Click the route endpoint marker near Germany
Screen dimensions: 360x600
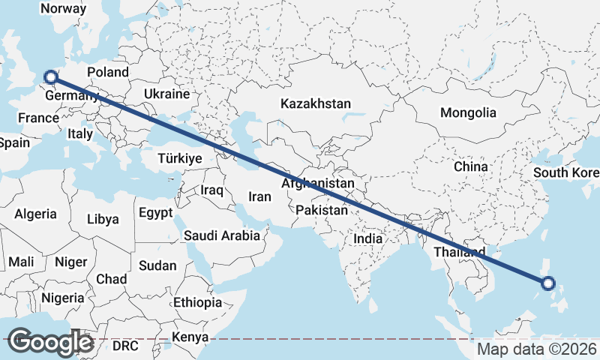click(50, 76)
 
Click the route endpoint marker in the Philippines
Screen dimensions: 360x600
click(547, 283)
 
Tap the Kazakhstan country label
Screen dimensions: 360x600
click(316, 103)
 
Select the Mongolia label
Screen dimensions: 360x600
click(468, 112)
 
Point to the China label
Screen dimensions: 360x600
click(470, 166)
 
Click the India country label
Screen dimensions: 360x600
click(368, 238)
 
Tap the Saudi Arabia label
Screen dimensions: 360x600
click(222, 235)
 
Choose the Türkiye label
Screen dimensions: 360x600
click(180, 158)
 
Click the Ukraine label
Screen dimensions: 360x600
click(166, 94)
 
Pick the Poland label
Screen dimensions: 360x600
click(108, 73)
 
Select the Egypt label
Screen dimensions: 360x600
click(156, 212)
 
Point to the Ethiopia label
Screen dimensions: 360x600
click(197, 303)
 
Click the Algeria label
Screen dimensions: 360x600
click(34, 214)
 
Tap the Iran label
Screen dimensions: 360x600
click(259, 196)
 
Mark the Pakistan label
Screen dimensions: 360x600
click(322, 211)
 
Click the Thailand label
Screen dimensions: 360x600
click(459, 252)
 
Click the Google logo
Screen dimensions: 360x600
click(50, 342)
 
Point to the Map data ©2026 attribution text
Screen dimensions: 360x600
click(537, 349)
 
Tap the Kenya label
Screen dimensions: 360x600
click(190, 337)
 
